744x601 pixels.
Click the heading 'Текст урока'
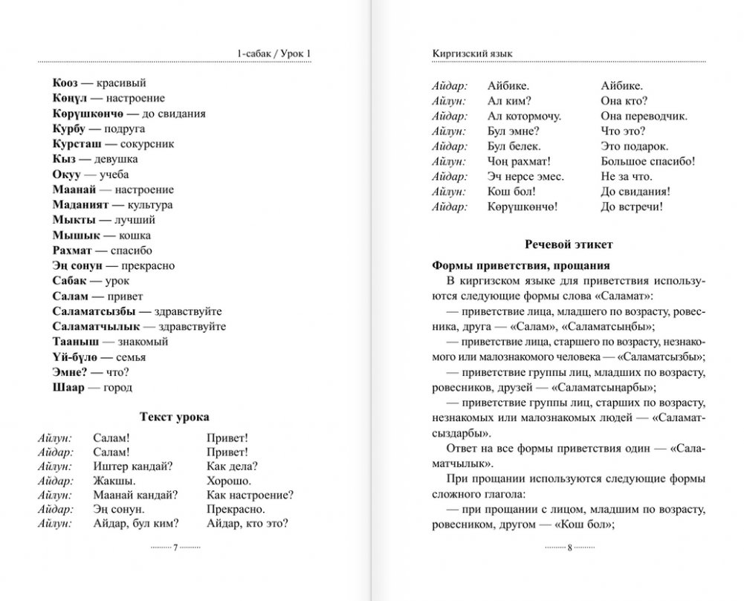[x=175, y=417]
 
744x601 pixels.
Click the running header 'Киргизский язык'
[x=472, y=53]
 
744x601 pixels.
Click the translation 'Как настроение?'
[x=250, y=495]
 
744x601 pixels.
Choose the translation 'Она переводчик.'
[x=644, y=117]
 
